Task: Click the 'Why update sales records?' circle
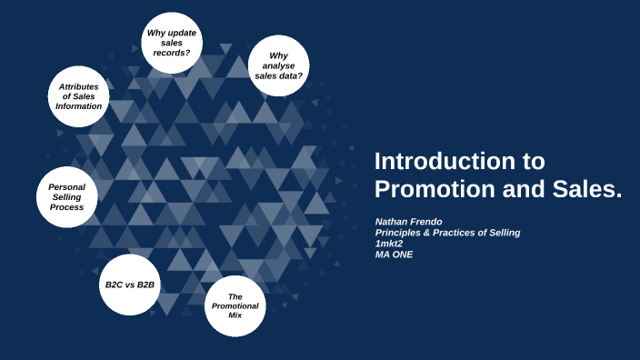[x=171, y=42]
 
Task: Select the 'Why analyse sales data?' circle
[x=278, y=65]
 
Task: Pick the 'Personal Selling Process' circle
[x=66, y=196]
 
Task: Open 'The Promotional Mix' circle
[x=235, y=305]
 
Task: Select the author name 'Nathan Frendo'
[x=410, y=222]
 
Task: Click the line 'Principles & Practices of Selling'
[x=447, y=233]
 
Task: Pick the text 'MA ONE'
[x=395, y=255]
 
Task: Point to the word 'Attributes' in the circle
[x=78, y=87]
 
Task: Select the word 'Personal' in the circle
[x=66, y=186]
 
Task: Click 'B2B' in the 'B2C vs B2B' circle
[x=145, y=285]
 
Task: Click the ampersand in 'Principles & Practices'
[x=425, y=233]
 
